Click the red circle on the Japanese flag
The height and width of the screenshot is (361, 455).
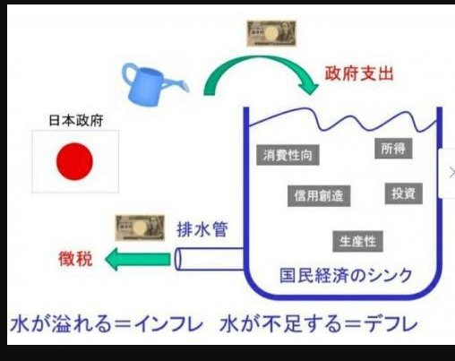(74, 161)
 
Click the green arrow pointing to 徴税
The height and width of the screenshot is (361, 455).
(138, 259)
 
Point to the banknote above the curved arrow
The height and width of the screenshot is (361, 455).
(271, 33)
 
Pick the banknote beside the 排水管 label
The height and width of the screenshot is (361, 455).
(140, 228)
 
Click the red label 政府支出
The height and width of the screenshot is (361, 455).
(359, 73)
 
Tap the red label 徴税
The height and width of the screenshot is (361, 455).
(75, 259)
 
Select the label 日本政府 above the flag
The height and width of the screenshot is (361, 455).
(76, 120)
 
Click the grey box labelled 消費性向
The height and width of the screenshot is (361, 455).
(288, 155)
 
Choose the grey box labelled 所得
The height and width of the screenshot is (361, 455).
(393, 149)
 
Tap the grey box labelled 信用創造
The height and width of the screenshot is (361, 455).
(319, 196)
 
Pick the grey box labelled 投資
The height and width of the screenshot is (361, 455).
(404, 193)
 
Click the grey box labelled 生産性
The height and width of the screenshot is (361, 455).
(357, 241)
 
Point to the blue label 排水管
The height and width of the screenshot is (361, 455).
(202, 229)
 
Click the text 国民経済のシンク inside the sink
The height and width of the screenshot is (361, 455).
(346, 275)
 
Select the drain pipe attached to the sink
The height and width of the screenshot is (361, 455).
(210, 259)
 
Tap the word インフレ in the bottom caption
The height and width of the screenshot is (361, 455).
(169, 324)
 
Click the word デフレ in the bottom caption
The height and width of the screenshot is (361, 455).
(391, 324)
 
